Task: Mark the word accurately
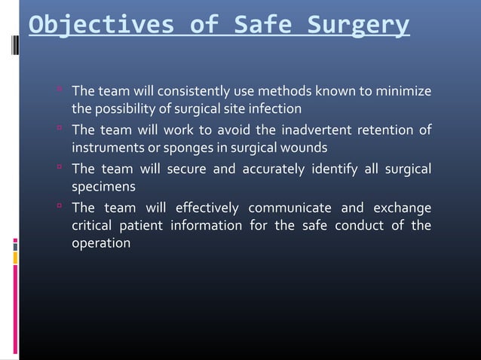[x=277, y=169]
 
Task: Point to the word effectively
[x=206, y=208]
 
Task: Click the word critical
[x=93, y=227]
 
